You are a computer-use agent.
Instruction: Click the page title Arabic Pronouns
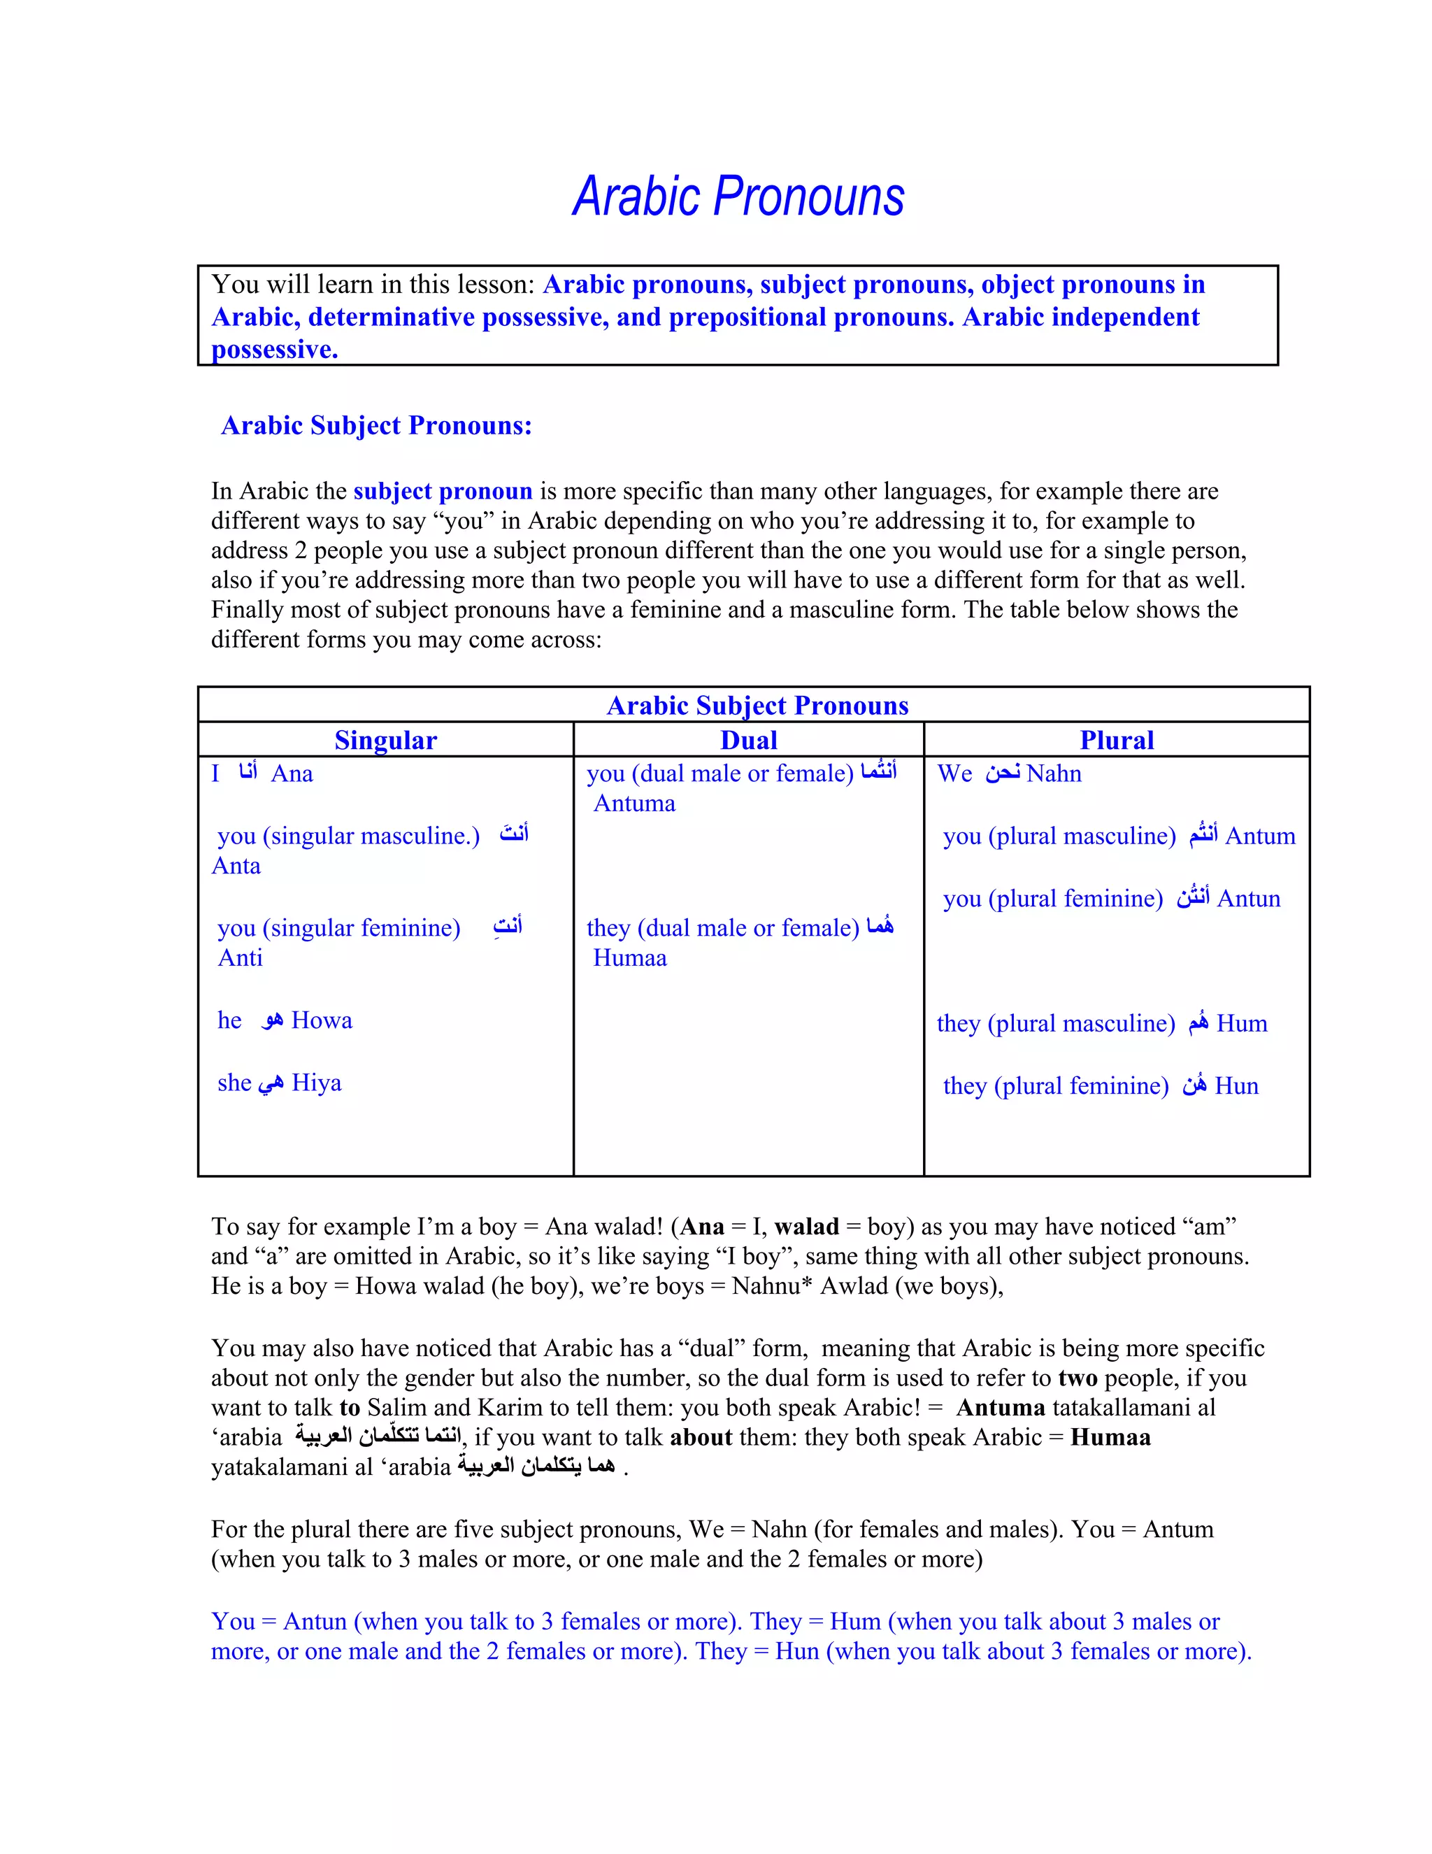pyautogui.click(x=738, y=197)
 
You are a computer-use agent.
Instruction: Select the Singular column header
pyautogui.click(x=385, y=740)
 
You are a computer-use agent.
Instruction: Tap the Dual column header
pyautogui.click(x=749, y=740)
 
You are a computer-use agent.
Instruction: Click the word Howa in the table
pyautogui.click(x=322, y=1020)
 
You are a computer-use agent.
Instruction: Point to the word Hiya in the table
pyautogui.click(x=317, y=1083)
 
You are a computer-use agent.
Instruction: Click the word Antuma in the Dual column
pyautogui.click(x=634, y=804)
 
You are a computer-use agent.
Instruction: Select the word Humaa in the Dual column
pyautogui.click(x=630, y=958)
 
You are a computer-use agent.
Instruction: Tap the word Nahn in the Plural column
pyautogui.click(x=1054, y=773)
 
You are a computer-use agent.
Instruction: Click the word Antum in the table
pyautogui.click(x=1261, y=836)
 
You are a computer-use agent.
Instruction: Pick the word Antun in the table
pyautogui.click(x=1249, y=899)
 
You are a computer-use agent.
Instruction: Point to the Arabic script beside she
pyautogui.click(x=271, y=1084)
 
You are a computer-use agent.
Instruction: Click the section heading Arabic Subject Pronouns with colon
pyautogui.click(x=376, y=425)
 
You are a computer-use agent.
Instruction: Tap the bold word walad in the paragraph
pyautogui.click(x=806, y=1227)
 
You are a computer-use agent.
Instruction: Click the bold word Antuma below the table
pyautogui.click(x=1000, y=1408)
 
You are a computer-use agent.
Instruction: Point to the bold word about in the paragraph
pyautogui.click(x=701, y=1437)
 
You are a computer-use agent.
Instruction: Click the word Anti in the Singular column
pyautogui.click(x=241, y=958)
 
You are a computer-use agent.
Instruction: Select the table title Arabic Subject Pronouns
pyautogui.click(x=757, y=706)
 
